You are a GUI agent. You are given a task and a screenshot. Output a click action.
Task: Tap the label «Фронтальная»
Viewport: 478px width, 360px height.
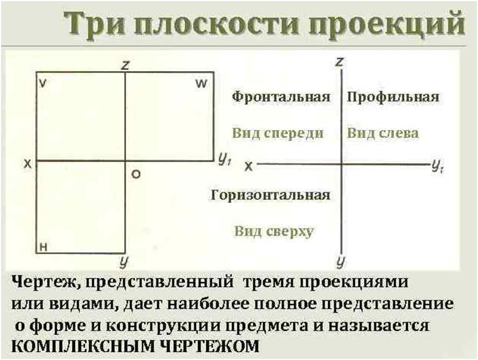281,97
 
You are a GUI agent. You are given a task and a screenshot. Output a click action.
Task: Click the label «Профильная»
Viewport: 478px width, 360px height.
393,97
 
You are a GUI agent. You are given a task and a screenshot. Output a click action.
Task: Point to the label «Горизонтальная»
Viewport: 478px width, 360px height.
270,195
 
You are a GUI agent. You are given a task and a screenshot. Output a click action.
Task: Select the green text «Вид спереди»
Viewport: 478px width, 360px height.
278,133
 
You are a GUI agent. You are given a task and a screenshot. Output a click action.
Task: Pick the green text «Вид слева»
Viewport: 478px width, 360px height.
383,133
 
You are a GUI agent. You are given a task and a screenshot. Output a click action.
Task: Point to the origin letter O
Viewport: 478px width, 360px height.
136,174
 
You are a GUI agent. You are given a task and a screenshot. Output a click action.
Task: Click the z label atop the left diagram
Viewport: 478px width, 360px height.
125,65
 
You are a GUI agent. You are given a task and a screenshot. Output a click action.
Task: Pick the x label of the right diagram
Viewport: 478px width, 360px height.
248,166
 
